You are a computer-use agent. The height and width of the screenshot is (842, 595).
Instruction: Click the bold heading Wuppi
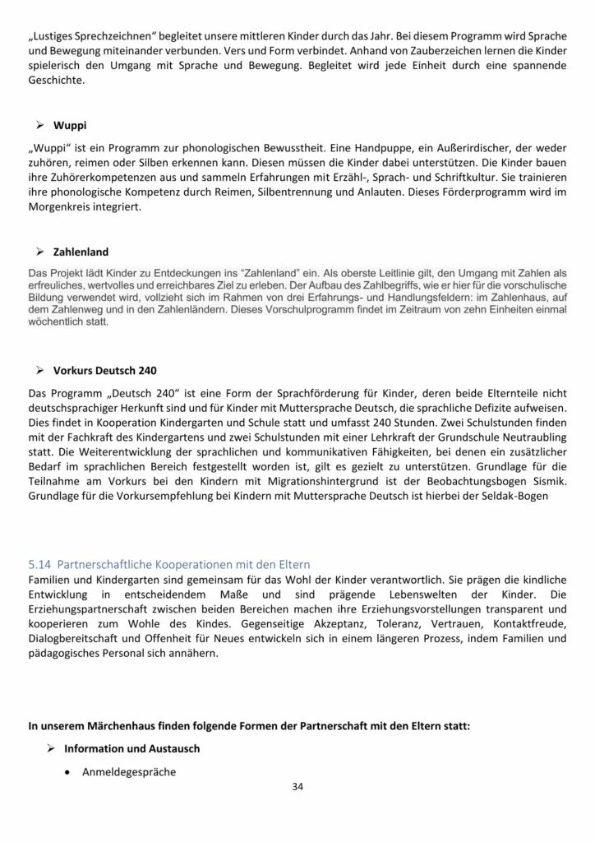[71, 126]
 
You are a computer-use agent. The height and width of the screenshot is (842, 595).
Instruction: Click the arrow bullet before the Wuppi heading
[38, 126]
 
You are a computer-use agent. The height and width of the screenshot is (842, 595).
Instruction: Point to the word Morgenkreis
[62, 210]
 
